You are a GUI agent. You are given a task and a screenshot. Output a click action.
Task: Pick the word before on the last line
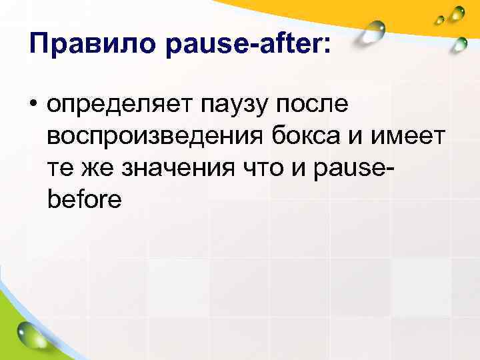pos(85,199)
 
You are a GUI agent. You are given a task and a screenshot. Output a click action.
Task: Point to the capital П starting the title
pos(39,44)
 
